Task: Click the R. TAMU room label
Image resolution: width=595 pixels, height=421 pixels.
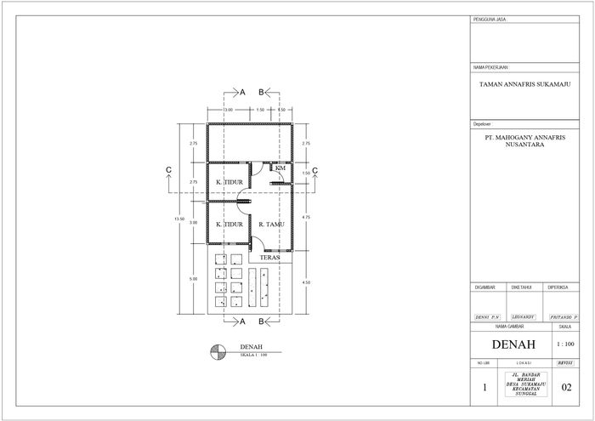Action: (x=271, y=225)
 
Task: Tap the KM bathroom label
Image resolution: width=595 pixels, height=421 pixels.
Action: (x=280, y=168)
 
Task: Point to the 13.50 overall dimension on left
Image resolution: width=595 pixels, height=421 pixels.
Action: (x=178, y=219)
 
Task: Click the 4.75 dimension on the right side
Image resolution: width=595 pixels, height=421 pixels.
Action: (x=306, y=218)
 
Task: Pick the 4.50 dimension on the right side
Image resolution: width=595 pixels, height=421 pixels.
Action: (x=306, y=282)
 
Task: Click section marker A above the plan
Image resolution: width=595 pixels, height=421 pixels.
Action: (x=242, y=91)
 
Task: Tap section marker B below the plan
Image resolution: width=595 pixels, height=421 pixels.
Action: (x=263, y=321)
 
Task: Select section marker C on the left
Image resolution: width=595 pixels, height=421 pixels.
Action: (x=170, y=171)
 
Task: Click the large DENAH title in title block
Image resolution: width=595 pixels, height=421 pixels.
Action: (x=509, y=344)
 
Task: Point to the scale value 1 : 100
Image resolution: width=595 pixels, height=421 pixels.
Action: (x=564, y=344)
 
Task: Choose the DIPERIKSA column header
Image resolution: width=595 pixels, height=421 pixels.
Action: (x=558, y=287)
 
